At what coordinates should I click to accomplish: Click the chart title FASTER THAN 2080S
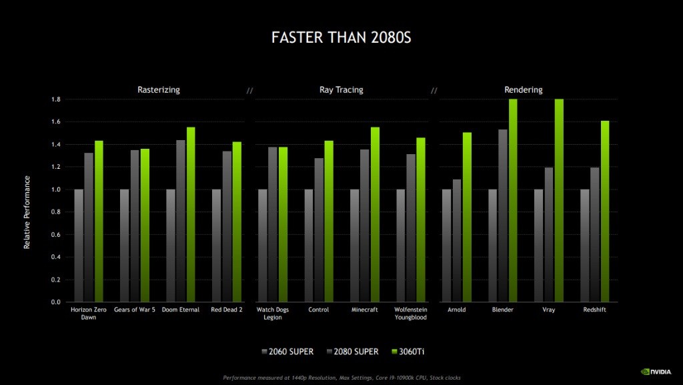(x=341, y=37)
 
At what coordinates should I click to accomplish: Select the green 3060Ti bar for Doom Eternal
(x=191, y=214)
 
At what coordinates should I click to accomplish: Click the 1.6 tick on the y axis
(x=57, y=122)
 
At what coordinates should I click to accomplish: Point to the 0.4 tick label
(x=57, y=257)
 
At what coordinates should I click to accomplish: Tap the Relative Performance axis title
(x=27, y=212)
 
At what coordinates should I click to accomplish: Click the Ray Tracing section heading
(x=341, y=89)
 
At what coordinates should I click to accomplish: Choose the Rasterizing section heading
(x=158, y=89)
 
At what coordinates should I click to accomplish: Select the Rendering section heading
(x=523, y=89)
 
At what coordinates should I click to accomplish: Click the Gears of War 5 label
(x=135, y=310)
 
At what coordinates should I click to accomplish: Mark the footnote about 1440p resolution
(x=341, y=378)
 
